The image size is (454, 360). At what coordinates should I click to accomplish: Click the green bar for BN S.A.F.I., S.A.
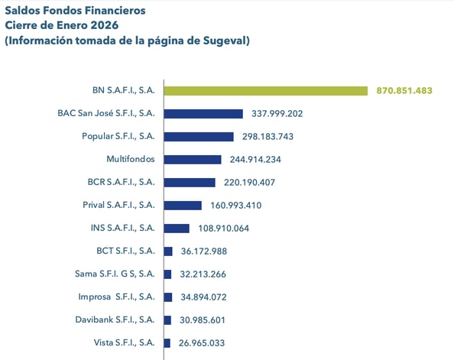[266, 90]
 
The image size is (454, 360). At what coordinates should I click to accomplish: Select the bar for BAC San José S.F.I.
[203, 113]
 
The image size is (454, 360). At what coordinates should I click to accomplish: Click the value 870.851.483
[404, 90]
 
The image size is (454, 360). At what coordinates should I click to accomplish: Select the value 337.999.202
[277, 113]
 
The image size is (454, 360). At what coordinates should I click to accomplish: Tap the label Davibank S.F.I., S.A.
[115, 319]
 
